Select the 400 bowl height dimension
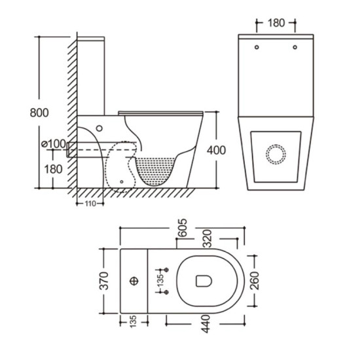click(216, 150)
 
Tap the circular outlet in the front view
click(276, 155)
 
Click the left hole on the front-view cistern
click(257, 47)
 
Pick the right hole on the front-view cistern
click(295, 47)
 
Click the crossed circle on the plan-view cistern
click(134, 281)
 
